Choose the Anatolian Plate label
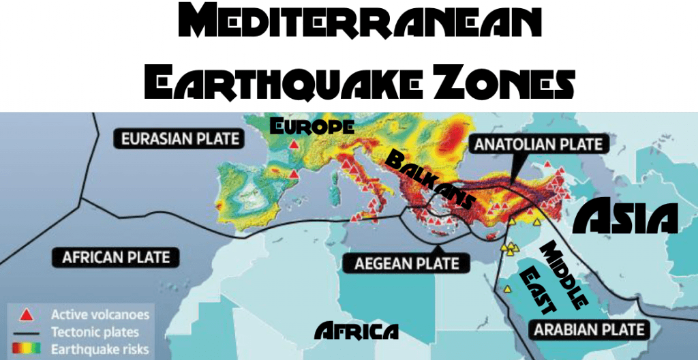coord(538,144)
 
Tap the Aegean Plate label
coord(407,263)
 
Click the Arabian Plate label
coord(588,330)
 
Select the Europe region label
coord(312,126)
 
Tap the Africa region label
coord(356,331)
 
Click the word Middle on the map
coord(564,276)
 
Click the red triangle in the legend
coord(26,315)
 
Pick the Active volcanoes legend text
coord(100,315)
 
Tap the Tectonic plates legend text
coord(95,333)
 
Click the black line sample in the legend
coord(26,333)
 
